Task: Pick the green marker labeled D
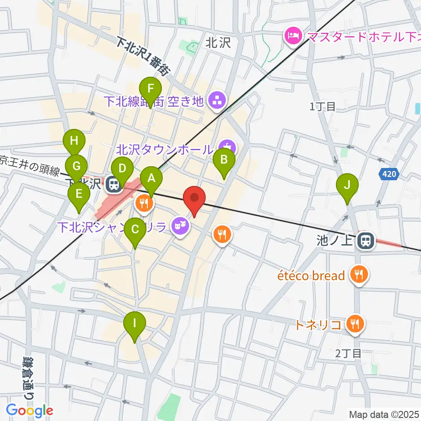coord(122,169)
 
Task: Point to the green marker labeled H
coord(74,142)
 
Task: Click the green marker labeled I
coord(135,324)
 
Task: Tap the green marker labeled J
coord(347,185)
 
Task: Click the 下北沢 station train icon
coord(114,184)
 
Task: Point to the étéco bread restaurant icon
coord(359,275)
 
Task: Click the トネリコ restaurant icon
coord(353,324)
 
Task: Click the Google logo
coord(29,410)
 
